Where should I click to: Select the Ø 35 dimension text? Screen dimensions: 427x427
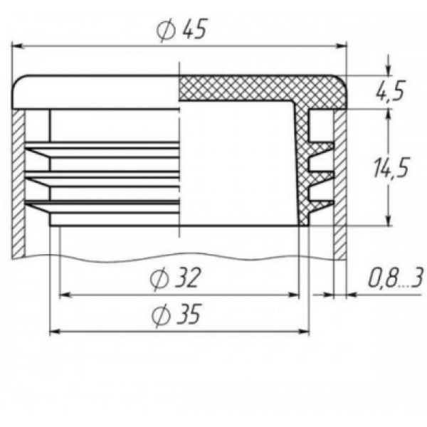pyautogui.click(x=176, y=315)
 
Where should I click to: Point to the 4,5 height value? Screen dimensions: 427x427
pyautogui.click(x=389, y=90)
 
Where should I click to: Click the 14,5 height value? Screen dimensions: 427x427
pyautogui.click(x=391, y=167)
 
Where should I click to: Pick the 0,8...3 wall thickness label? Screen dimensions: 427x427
pyautogui.click(x=396, y=278)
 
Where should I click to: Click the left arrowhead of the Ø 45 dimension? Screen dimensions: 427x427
pyautogui.click(x=19, y=46)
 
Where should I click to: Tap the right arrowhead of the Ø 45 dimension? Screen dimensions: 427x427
pyautogui.click(x=340, y=46)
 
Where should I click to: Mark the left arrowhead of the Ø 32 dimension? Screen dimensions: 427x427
pyautogui.click(x=66, y=295)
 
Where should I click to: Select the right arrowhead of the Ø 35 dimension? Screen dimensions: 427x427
pyautogui.click(x=303, y=332)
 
